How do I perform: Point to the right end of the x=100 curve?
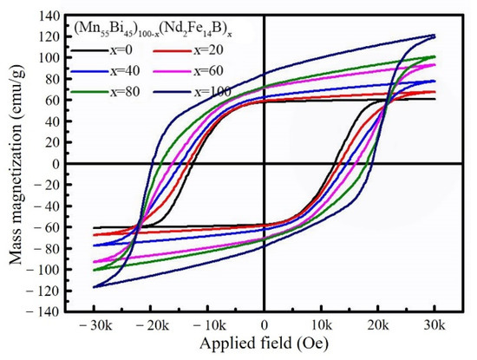(x=435, y=36)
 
